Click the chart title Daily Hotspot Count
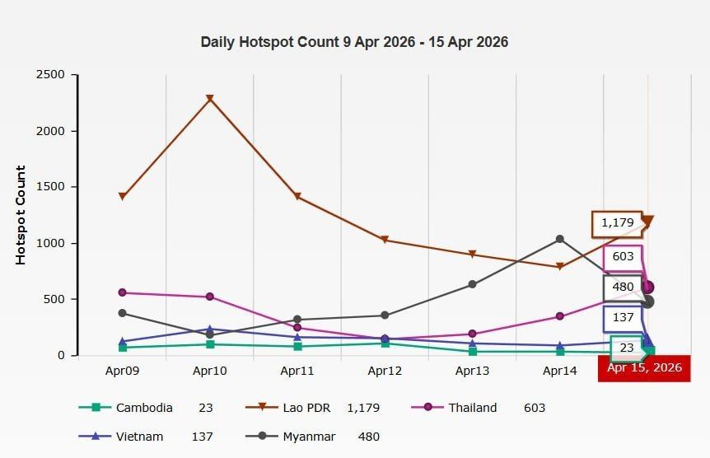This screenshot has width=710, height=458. pos(354,42)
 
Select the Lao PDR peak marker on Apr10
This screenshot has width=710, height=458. pos(210,99)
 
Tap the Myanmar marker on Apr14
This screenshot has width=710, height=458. pos(560,239)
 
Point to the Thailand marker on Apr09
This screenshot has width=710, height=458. pos(122,292)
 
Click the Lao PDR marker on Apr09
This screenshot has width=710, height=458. pos(122,196)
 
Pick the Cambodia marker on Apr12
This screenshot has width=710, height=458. pos(385,343)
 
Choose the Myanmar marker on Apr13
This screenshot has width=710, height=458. pos(473,284)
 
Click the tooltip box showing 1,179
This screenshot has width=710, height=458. pos(617,222)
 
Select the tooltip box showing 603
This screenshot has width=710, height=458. pos(623,257)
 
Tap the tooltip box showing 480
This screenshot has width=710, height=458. pos(623,287)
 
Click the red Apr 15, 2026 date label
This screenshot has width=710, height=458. pos(644,368)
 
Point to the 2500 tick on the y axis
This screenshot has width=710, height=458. pos(50,75)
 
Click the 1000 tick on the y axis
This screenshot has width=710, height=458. pos(50,243)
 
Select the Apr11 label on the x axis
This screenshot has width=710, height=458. pos(297,372)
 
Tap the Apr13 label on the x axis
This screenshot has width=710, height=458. pos(473,372)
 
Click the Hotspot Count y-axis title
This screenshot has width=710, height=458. pos(21,215)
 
